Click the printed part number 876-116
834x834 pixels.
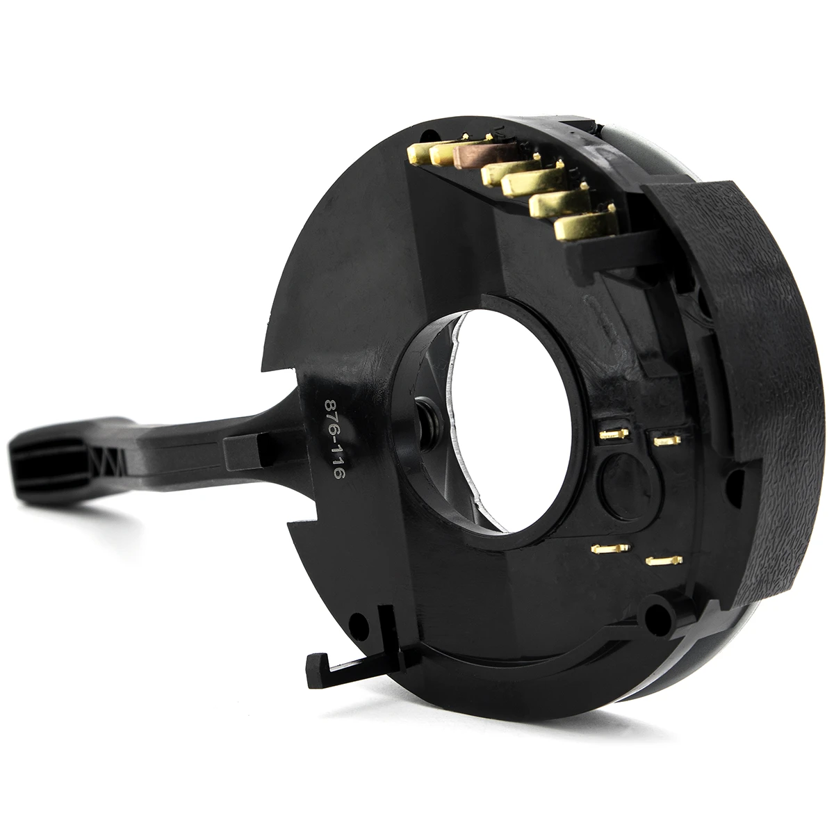pyautogui.click(x=334, y=439)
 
